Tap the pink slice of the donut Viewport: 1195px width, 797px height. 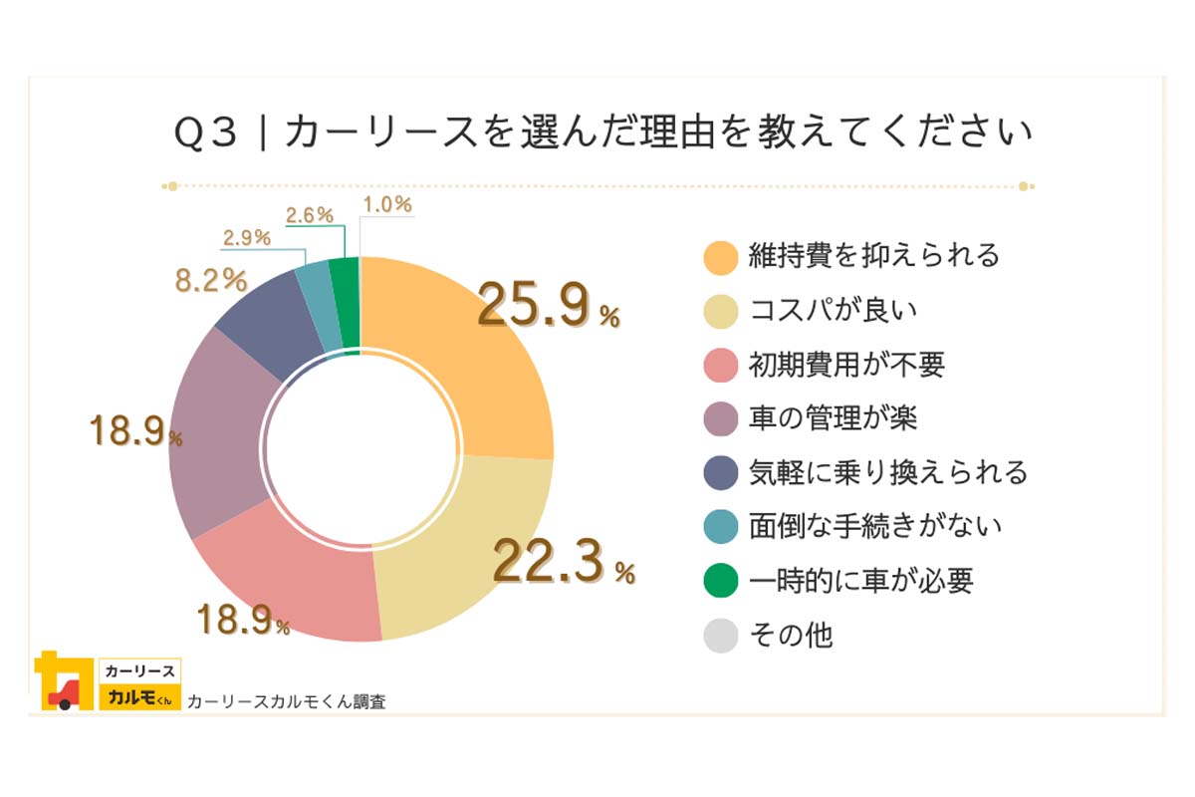pos(299,578)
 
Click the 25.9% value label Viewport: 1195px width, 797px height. pos(548,307)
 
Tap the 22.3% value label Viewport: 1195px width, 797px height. pos(563,564)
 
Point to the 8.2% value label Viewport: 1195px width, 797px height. pos(210,280)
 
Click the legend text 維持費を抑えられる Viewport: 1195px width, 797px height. pos(874,256)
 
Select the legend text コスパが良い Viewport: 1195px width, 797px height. pos(833,310)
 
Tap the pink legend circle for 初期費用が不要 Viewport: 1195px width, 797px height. pos(721,365)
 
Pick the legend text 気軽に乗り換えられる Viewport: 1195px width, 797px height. pos(887,471)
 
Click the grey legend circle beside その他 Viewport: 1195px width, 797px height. pos(721,635)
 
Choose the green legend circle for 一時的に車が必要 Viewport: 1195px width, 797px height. pos(721,580)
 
